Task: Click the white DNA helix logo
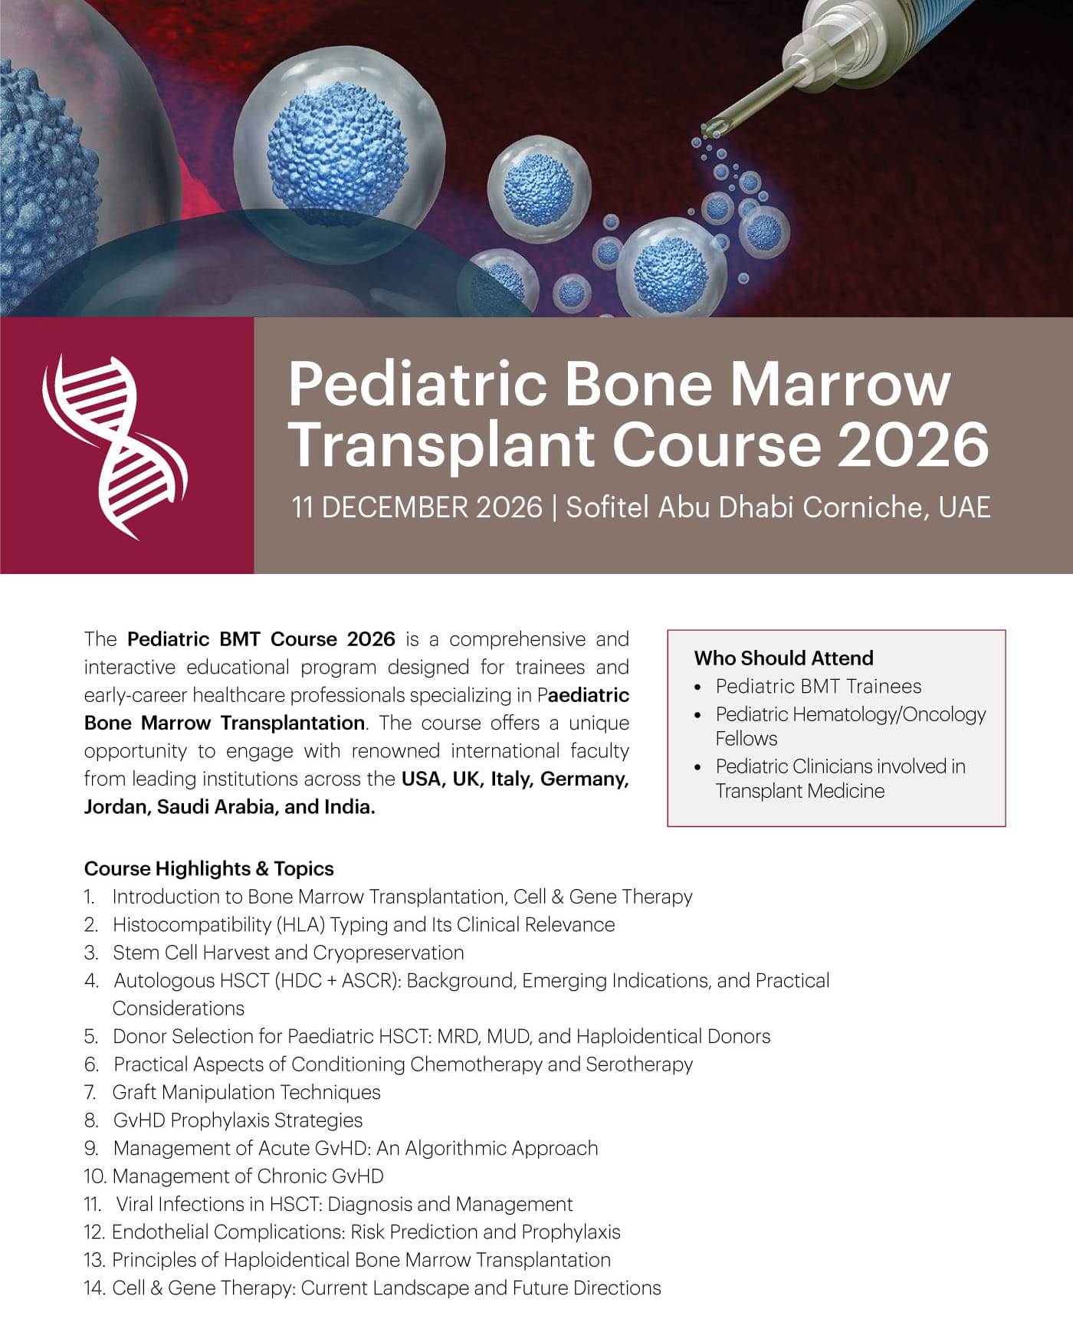point(115,447)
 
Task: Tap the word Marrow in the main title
point(840,383)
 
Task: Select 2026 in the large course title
point(913,444)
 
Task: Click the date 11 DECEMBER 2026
point(417,507)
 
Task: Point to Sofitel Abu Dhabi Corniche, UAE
point(778,507)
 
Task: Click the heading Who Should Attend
point(783,658)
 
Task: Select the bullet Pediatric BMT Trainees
point(819,686)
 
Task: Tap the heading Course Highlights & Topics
point(209,868)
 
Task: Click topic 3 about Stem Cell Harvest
point(274,953)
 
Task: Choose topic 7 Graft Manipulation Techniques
point(232,1092)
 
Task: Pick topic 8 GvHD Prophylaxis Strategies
point(224,1120)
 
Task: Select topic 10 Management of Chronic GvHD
point(234,1176)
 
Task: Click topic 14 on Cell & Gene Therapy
point(372,1288)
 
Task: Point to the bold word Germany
point(584,779)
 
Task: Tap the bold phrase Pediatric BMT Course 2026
point(261,639)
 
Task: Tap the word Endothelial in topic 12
point(160,1232)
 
